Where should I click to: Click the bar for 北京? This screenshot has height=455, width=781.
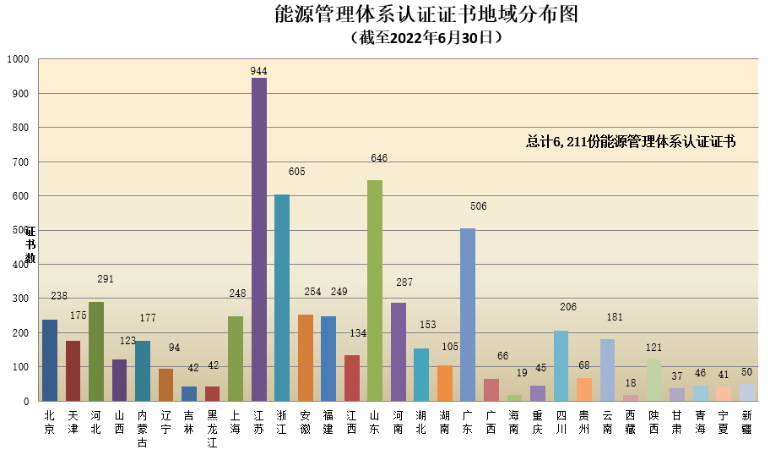point(50,360)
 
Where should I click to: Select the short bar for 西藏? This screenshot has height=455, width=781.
point(630,397)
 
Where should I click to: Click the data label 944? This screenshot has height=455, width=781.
point(259,72)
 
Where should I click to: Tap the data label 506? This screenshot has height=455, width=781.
point(479,206)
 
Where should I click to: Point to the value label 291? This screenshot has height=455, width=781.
point(106,279)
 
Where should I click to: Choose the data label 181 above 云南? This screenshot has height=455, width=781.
point(614,318)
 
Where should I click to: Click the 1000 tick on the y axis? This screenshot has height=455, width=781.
point(18,59)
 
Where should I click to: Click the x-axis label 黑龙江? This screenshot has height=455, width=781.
point(212,429)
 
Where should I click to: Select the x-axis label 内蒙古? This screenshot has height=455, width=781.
point(143,429)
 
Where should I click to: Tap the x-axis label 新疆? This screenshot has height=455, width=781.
point(746,422)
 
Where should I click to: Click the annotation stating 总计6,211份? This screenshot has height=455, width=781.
point(631,142)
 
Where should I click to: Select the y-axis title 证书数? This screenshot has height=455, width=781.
point(30,244)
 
